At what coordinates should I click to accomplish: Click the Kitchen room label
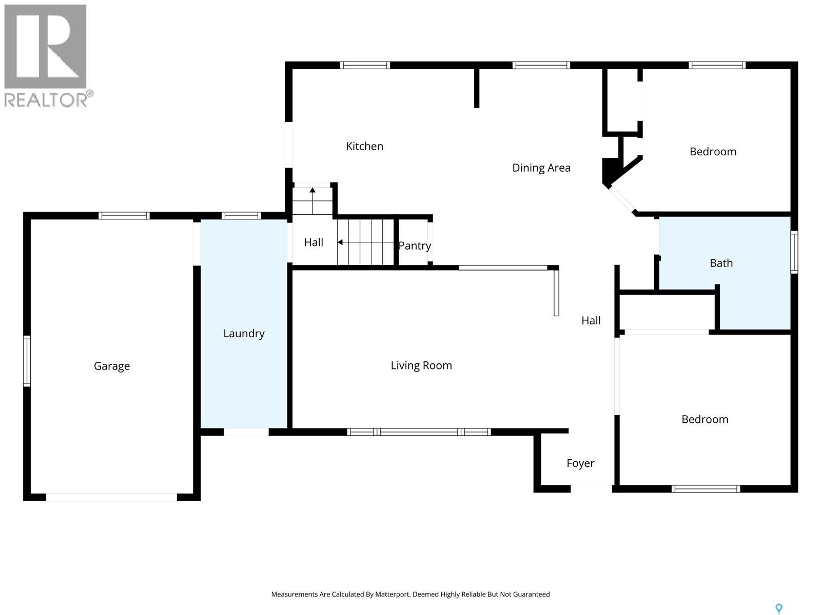pyautogui.click(x=364, y=147)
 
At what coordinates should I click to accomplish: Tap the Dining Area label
pyautogui.click(x=541, y=168)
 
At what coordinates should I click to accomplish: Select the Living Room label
pyautogui.click(x=421, y=365)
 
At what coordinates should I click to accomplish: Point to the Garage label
pyautogui.click(x=111, y=366)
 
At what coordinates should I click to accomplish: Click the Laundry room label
pyautogui.click(x=244, y=334)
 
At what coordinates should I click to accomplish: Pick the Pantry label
pyautogui.click(x=415, y=245)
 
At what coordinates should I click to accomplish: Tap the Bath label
pyautogui.click(x=720, y=263)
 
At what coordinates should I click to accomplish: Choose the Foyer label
pyautogui.click(x=580, y=463)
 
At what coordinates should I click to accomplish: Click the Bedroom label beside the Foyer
pyautogui.click(x=705, y=419)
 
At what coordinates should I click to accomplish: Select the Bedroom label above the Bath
pyautogui.click(x=712, y=152)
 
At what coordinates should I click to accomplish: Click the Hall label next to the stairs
pyautogui.click(x=313, y=242)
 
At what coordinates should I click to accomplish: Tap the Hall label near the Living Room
pyautogui.click(x=591, y=321)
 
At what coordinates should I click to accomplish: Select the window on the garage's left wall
pyautogui.click(x=27, y=360)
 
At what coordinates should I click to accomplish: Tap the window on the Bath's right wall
pyautogui.click(x=794, y=251)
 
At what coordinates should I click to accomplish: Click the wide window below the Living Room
pyautogui.click(x=419, y=432)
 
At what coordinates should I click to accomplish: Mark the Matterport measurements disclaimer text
pyautogui.click(x=410, y=594)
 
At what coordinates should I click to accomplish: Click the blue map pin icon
pyautogui.click(x=778, y=608)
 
